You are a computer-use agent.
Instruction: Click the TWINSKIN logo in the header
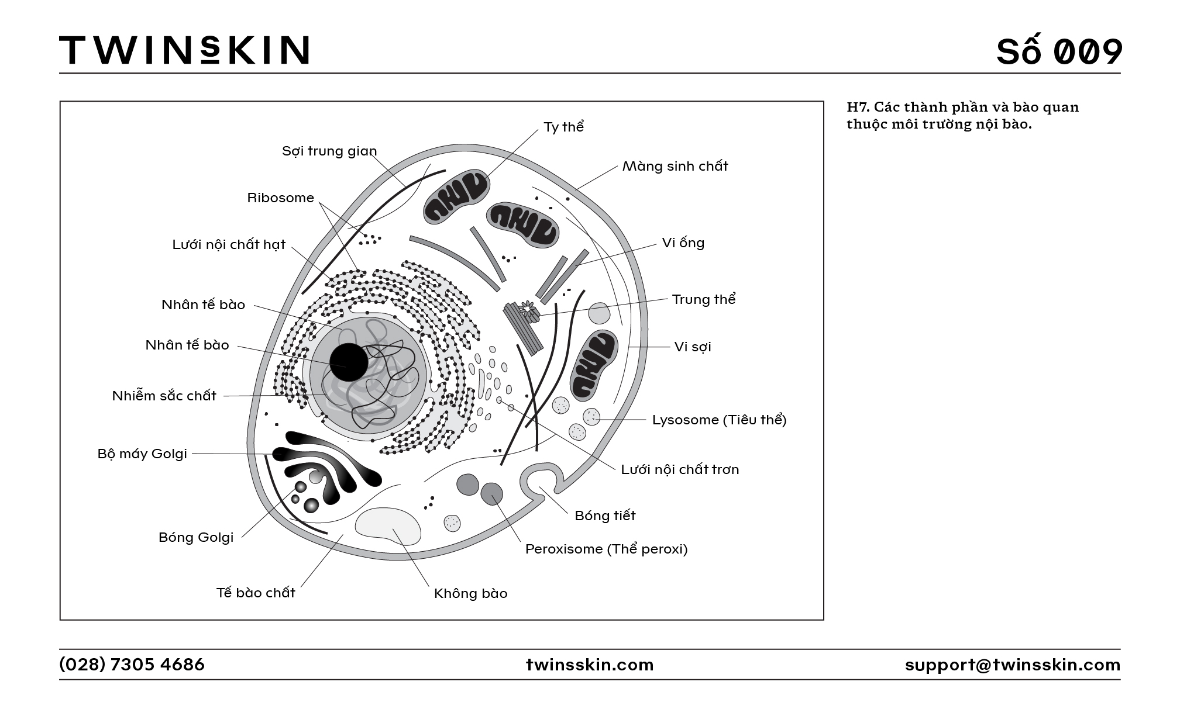184,50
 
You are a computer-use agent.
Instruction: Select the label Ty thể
564,127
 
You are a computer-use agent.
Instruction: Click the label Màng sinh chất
675,166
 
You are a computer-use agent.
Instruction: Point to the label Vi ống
683,243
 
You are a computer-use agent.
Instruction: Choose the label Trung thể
704,299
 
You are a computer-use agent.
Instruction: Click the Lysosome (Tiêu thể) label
720,420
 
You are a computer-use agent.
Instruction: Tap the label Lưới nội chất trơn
680,469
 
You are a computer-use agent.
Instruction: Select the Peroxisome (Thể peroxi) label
607,549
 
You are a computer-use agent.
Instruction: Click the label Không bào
471,593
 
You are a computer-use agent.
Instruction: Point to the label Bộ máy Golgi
143,454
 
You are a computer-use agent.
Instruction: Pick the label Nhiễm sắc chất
164,396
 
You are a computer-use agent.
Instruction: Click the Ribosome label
281,198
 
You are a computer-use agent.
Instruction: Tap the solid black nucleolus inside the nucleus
349,362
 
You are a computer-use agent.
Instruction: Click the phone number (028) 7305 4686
132,665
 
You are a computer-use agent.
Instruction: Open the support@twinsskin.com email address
1013,665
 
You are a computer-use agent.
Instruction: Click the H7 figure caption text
963,115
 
